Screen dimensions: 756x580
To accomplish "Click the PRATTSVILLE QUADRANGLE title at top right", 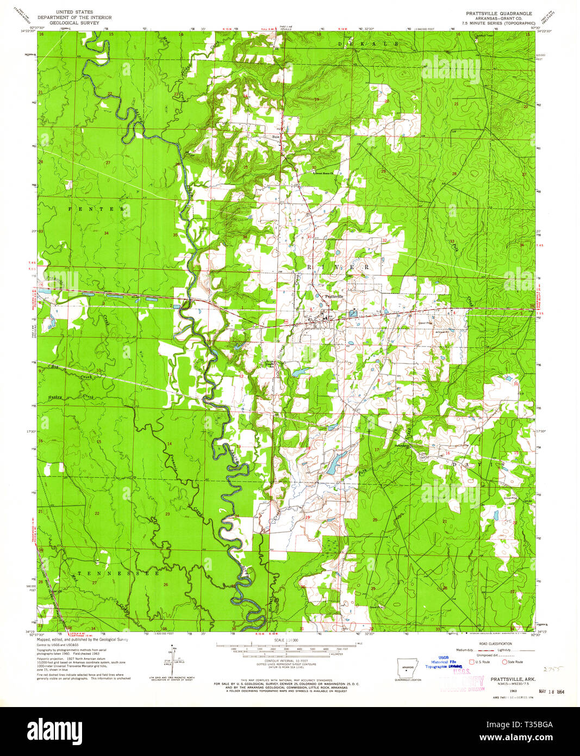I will (x=498, y=13).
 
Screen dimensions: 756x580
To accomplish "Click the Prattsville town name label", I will (x=334, y=296).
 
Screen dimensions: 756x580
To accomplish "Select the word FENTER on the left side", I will (x=97, y=209).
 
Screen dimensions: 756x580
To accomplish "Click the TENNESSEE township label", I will (x=117, y=573).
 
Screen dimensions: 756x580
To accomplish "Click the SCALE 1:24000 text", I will (x=290, y=641).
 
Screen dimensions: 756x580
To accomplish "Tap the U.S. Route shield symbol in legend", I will (x=471, y=662).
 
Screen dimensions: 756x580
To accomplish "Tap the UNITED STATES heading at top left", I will (x=74, y=12).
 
